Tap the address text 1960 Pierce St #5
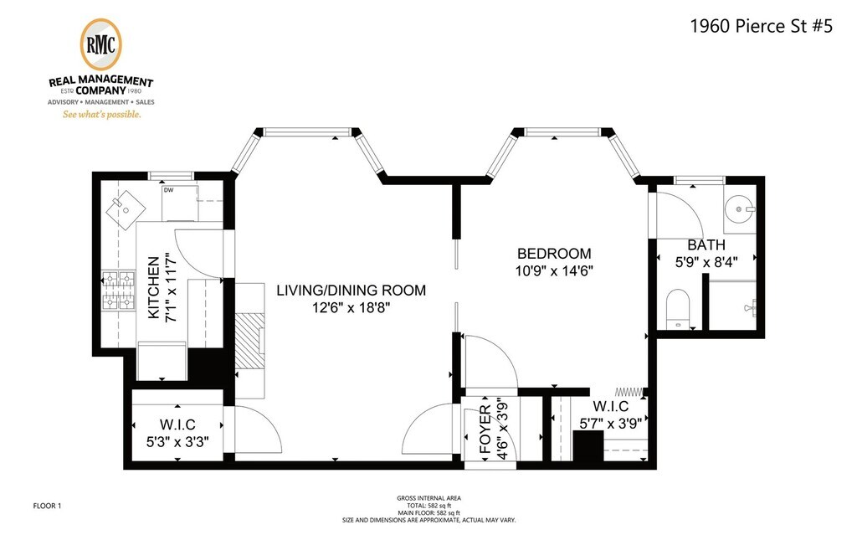762,26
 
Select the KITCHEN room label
154,287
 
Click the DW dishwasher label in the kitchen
168,190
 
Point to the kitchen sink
126,209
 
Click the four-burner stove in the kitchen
119,291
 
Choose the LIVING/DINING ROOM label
351,291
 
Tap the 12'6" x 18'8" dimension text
351,308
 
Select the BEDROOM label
554,254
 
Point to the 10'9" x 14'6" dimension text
554,270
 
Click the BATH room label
706,245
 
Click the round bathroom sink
740,209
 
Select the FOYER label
485,430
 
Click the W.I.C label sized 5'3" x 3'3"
177,425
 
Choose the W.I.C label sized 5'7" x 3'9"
610,406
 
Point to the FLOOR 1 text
47,506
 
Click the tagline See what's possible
101,115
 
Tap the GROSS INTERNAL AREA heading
429,498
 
